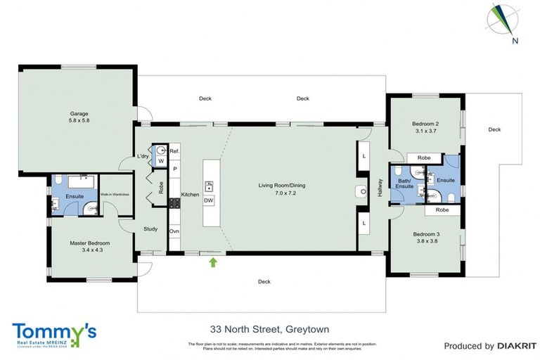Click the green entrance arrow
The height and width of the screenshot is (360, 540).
(x=213, y=263)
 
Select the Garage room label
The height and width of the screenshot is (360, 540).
(x=79, y=117)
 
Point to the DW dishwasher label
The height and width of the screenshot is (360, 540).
(x=208, y=200)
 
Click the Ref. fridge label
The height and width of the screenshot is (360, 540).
(x=174, y=151)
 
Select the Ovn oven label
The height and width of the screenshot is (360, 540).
(x=174, y=231)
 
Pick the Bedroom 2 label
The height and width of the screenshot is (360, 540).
(x=426, y=127)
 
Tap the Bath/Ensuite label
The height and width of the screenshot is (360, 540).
(x=405, y=184)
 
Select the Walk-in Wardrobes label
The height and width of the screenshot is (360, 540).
(x=114, y=194)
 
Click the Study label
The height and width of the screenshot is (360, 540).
(x=150, y=229)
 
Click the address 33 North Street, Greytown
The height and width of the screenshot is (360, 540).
(x=270, y=329)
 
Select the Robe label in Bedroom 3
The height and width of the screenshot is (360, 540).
(x=442, y=210)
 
